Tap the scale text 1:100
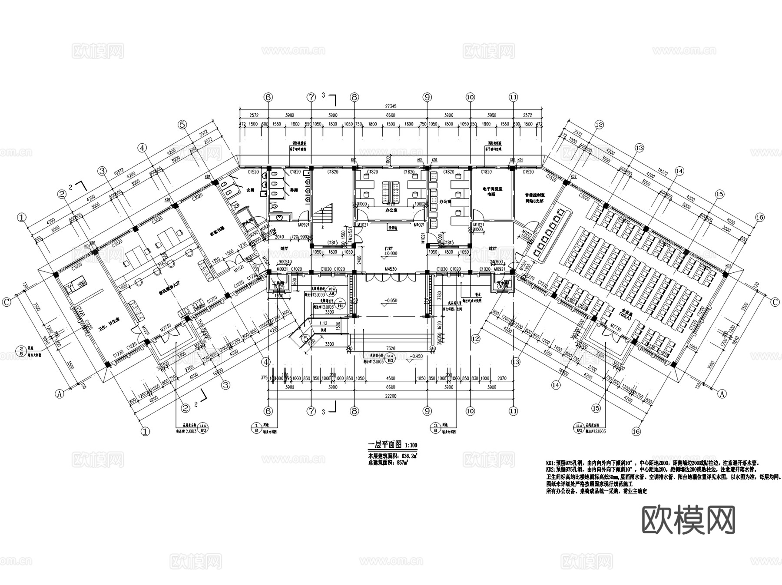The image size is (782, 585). point(411,446)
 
